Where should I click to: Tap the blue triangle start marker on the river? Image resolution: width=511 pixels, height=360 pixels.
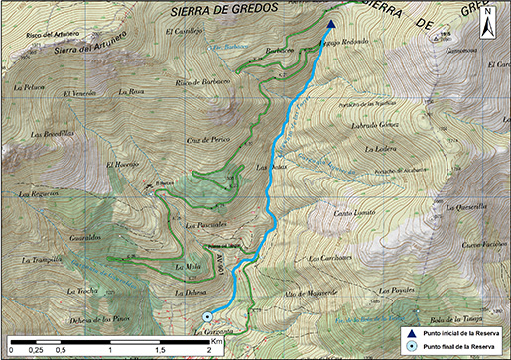pos(331,27)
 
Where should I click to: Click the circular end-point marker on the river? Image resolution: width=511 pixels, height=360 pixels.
pos(206,316)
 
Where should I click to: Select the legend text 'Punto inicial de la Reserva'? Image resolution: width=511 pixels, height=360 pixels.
pos(460,333)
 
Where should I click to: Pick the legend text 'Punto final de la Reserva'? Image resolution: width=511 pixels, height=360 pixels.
pos(458,347)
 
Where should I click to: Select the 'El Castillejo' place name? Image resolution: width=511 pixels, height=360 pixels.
pos(183,30)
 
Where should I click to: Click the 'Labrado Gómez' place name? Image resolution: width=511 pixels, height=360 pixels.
pos(372,125)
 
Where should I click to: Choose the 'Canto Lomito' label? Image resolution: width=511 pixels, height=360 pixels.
pos(354,212)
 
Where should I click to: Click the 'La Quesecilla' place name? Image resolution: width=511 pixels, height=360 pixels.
pos(466,207)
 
